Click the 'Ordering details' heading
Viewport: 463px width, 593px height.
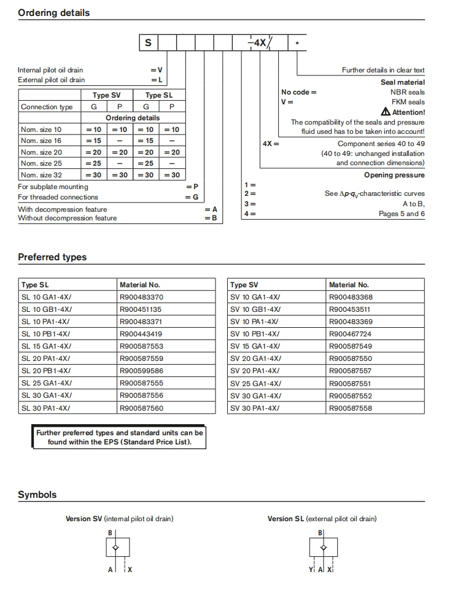pos(53,12)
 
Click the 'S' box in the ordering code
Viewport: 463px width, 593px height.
pos(149,43)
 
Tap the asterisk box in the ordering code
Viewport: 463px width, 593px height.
pos(297,43)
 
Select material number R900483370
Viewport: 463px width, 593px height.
pos(141,297)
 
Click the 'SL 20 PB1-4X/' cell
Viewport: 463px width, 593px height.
pos(46,371)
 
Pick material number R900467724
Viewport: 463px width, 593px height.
pos(350,334)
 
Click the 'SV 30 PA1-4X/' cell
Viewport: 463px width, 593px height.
pos(255,408)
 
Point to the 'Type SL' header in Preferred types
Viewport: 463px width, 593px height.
pos(35,285)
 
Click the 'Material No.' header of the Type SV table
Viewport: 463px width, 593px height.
pos(349,285)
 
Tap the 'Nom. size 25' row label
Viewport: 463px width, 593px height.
pos(41,164)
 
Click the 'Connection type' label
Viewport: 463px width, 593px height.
pos(47,107)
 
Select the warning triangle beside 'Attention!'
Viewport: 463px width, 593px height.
pos(386,112)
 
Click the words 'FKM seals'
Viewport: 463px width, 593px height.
pos(408,102)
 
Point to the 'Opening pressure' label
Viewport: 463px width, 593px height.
pos(394,175)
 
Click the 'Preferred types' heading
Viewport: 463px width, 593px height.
pos(52,257)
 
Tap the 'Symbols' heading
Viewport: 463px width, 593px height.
pos(37,495)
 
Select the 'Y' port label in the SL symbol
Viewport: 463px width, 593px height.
pos(311,570)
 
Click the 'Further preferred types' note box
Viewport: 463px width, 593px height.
pos(119,437)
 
